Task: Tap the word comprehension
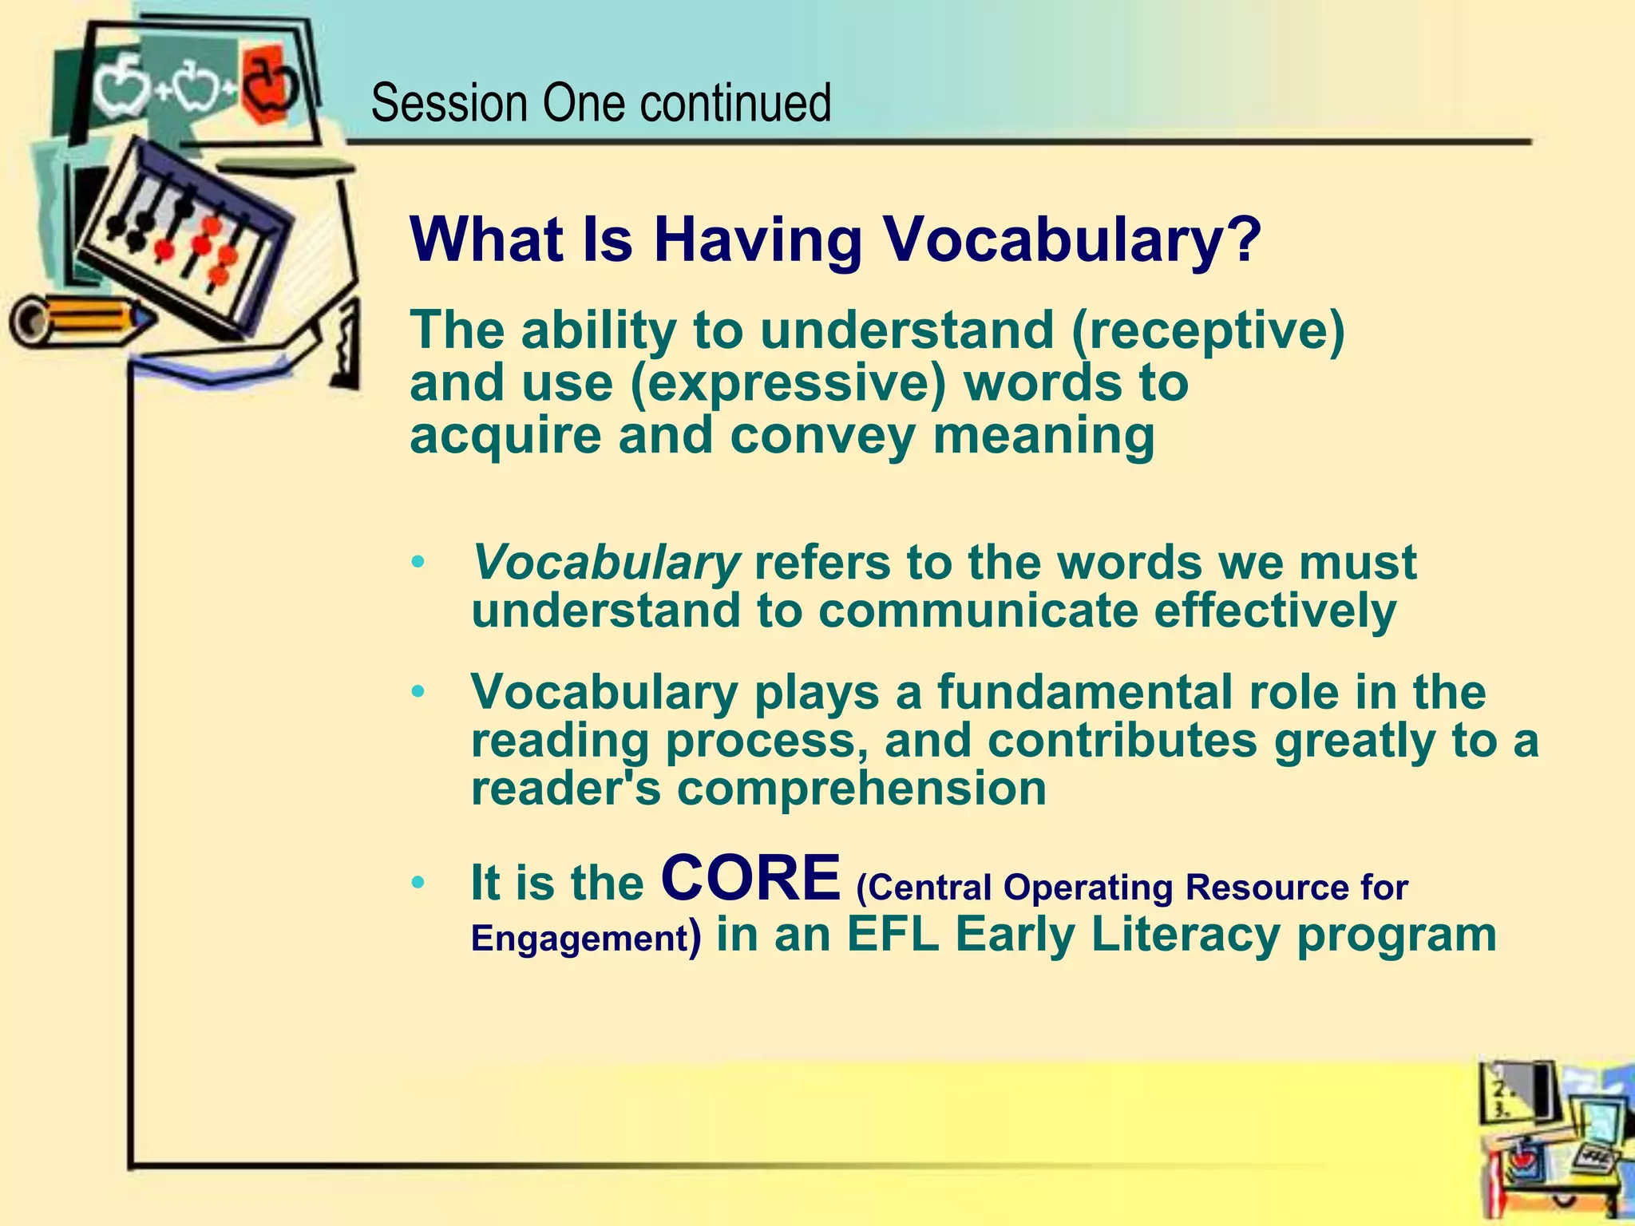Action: pos(861,789)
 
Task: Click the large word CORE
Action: pos(751,877)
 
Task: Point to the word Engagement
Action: pos(579,939)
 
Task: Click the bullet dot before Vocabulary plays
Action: pos(418,692)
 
